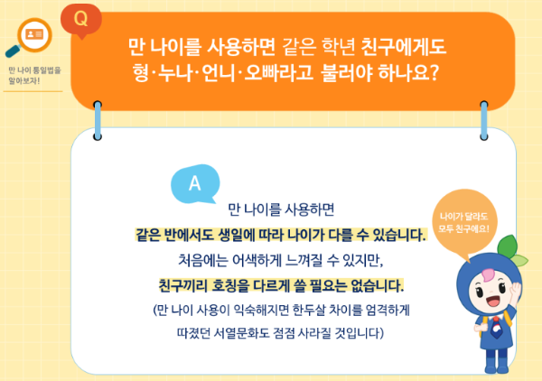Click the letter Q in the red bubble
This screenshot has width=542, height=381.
click(80, 17)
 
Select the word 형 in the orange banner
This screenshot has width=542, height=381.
click(139, 73)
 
